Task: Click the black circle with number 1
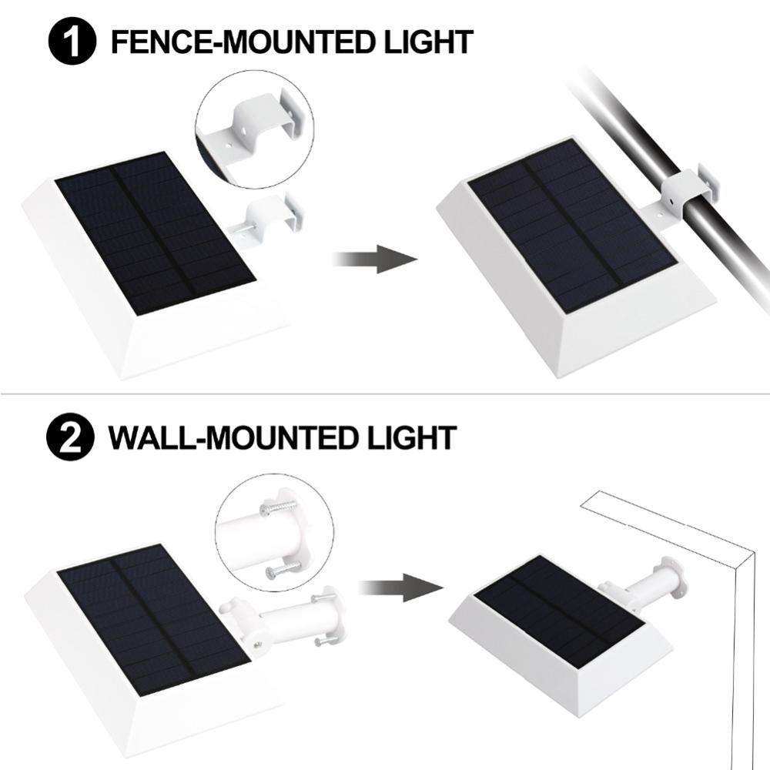(73, 42)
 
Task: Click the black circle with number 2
(70, 437)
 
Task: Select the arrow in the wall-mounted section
(400, 588)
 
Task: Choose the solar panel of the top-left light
(154, 231)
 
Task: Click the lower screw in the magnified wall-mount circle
(284, 570)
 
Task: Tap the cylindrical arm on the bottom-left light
(296, 620)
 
